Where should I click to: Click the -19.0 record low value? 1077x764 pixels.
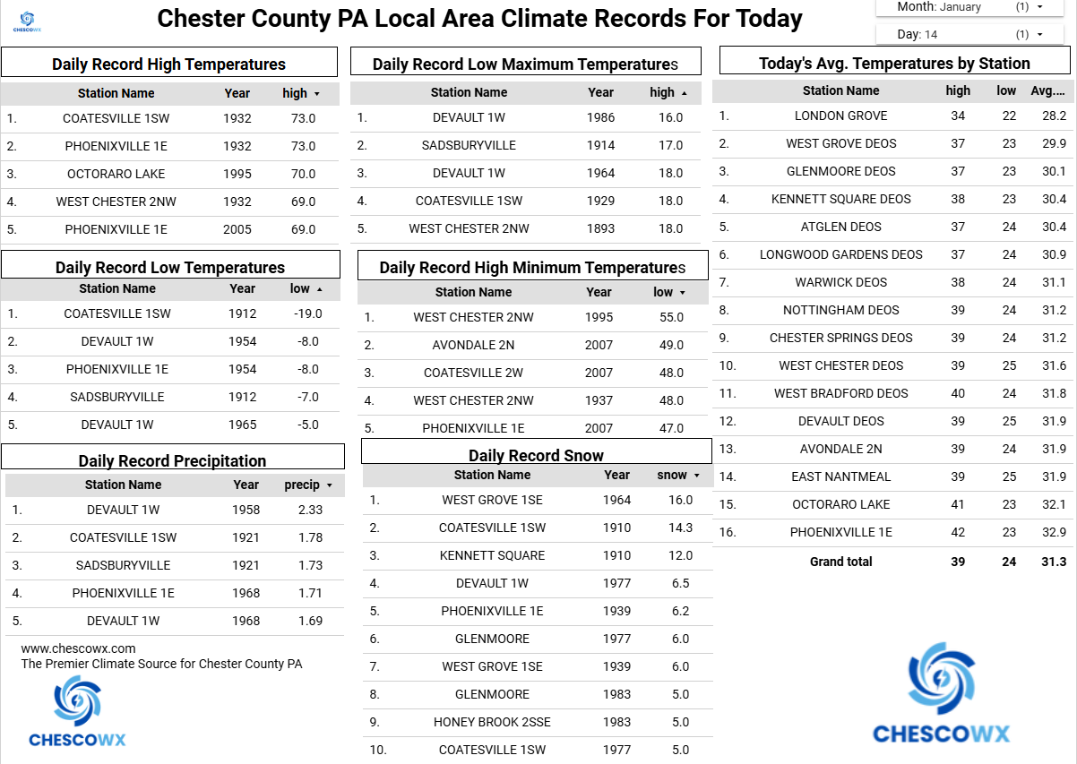307,313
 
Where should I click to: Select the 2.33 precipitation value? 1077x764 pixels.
311,510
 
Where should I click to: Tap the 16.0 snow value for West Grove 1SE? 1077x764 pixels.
681,500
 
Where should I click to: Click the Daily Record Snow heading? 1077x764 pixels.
536,455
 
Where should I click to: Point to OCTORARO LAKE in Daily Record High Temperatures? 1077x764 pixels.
116,174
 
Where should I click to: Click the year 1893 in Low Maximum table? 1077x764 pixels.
600,228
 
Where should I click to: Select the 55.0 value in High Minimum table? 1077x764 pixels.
671,317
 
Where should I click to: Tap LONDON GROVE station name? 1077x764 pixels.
840,116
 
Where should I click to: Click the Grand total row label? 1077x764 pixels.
840,562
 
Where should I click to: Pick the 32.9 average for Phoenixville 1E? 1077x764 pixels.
1054,532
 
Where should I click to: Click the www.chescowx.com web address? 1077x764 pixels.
79,648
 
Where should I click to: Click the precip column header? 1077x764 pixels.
303,485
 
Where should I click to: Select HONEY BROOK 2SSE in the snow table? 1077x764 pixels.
492,722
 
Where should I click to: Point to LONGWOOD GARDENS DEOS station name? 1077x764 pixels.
840,254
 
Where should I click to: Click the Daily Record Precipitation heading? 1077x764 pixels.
172,460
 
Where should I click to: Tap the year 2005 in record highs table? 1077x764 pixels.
237,229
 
